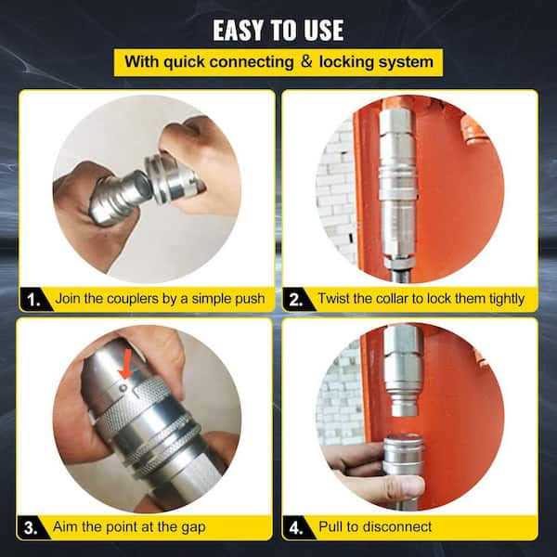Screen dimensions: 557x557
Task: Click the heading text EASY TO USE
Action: pyautogui.click(x=278, y=30)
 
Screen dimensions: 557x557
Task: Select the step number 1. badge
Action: pyautogui.click(x=33, y=299)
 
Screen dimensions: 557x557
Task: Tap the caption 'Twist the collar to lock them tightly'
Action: pyautogui.click(x=421, y=299)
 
